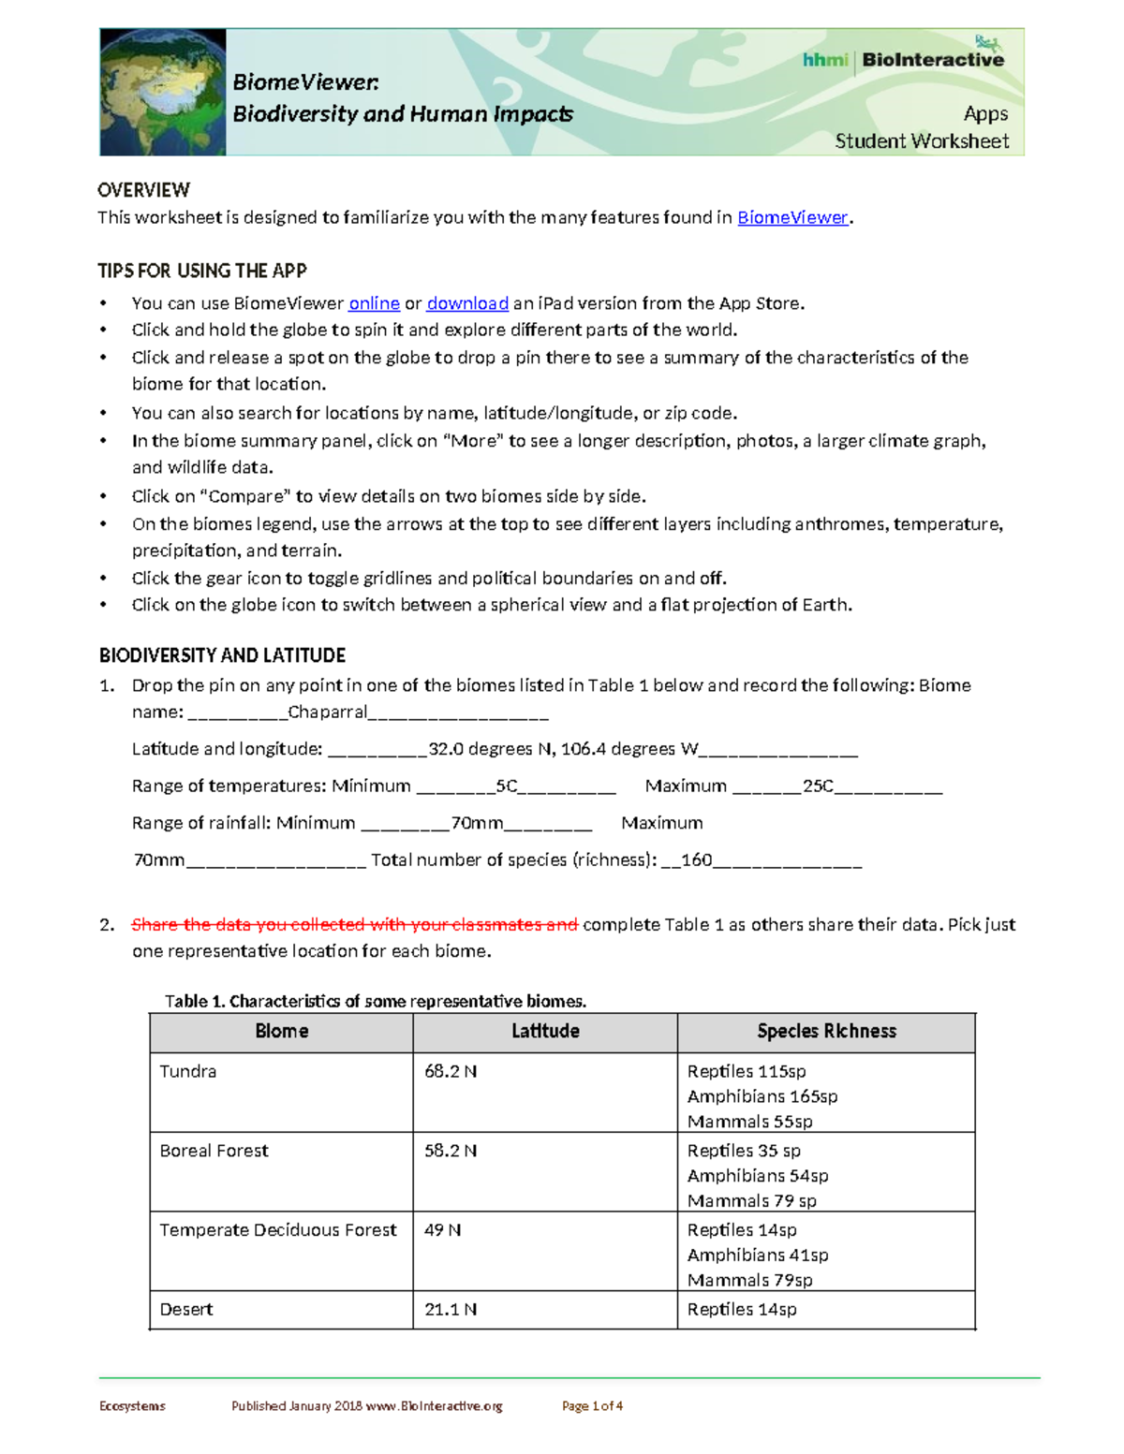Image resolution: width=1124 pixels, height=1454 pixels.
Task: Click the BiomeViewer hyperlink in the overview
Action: pyautogui.click(x=791, y=218)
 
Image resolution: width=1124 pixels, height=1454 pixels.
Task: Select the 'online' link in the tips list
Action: pyautogui.click(x=374, y=303)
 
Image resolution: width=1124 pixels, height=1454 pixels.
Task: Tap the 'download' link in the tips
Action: pyautogui.click(x=467, y=303)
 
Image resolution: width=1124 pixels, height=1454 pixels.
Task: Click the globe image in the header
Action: pyautogui.click(x=163, y=92)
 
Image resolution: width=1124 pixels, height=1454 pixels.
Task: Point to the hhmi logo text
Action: pyautogui.click(x=824, y=60)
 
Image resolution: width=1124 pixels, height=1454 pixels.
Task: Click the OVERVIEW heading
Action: pyautogui.click(x=143, y=190)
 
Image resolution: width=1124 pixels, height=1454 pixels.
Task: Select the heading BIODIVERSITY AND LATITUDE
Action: pyautogui.click(x=222, y=655)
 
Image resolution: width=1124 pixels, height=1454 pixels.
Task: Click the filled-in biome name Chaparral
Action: pyautogui.click(x=328, y=712)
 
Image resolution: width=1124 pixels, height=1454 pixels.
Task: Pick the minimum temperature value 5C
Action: pyautogui.click(x=506, y=786)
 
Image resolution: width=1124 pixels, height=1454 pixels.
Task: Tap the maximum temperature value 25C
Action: pyautogui.click(x=818, y=786)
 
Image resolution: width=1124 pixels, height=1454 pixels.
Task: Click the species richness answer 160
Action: pyautogui.click(x=696, y=860)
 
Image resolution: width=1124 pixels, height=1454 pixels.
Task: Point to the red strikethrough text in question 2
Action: pyautogui.click(x=354, y=925)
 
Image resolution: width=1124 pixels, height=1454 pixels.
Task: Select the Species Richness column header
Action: pyautogui.click(x=826, y=1032)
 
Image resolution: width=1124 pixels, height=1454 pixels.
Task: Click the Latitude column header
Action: pyautogui.click(x=545, y=1032)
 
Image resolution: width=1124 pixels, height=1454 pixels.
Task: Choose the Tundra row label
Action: pyautogui.click(x=188, y=1072)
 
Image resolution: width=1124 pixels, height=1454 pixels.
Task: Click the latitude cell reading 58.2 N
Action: pyautogui.click(x=451, y=1152)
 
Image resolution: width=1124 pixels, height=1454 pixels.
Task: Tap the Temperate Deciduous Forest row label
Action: pyautogui.click(x=278, y=1230)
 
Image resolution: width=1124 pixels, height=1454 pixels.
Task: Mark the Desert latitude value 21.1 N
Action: pyautogui.click(x=451, y=1310)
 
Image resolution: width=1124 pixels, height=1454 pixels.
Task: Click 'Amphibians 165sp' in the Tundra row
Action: pyautogui.click(x=762, y=1096)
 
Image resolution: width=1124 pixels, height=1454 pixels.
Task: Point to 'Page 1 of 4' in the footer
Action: pyautogui.click(x=592, y=1406)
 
